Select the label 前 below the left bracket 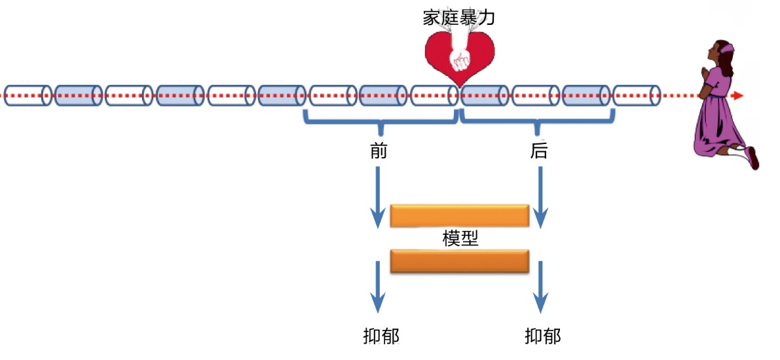coord(379,152)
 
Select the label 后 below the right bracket coord(539,152)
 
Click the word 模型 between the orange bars coord(460,238)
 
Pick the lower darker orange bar coord(460,261)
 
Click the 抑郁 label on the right coord(543,336)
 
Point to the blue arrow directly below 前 coord(378,196)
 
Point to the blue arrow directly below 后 coord(540,196)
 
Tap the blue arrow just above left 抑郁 coord(378,287)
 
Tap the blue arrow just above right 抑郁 coord(540,287)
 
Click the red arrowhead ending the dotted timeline coord(739,96)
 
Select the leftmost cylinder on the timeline coord(28,96)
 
